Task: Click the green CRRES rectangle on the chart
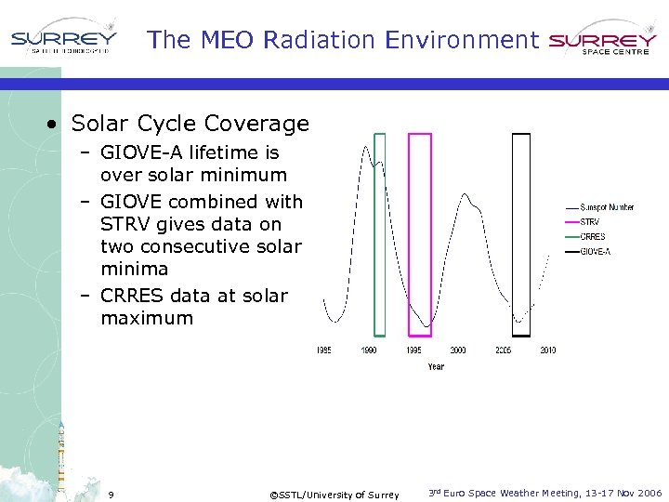pyautogui.click(x=379, y=233)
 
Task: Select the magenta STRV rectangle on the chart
pyautogui.click(x=420, y=233)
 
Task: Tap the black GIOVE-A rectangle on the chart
pyautogui.click(x=521, y=233)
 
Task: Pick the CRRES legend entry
pyautogui.click(x=592, y=236)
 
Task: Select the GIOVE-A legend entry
pyautogui.click(x=595, y=251)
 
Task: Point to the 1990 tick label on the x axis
pyautogui.click(x=369, y=350)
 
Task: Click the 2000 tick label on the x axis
pyautogui.click(x=458, y=350)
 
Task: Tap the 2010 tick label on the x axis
pyautogui.click(x=547, y=350)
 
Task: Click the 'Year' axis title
pyautogui.click(x=436, y=366)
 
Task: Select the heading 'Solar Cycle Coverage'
pyautogui.click(x=190, y=124)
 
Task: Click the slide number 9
pyautogui.click(x=111, y=494)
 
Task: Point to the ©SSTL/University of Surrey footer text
pyautogui.click(x=334, y=495)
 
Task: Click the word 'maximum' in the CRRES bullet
pyautogui.click(x=147, y=318)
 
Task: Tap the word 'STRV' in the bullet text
pyautogui.click(x=125, y=224)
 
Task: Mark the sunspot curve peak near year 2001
pyautogui.click(x=466, y=196)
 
